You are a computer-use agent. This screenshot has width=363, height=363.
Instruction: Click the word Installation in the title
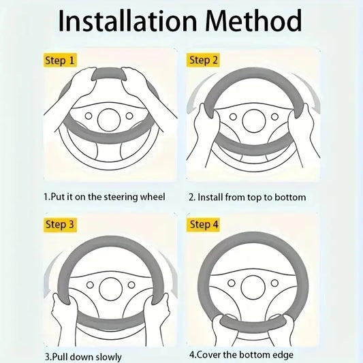tap(127, 20)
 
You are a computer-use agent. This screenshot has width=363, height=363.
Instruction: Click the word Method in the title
tap(253, 20)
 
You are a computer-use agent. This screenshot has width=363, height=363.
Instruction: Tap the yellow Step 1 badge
tap(60, 60)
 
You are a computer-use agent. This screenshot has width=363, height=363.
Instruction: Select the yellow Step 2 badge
tap(203, 60)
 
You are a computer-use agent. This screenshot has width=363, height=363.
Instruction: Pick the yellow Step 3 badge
tap(60, 225)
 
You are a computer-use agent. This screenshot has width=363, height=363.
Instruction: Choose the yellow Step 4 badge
tap(203, 225)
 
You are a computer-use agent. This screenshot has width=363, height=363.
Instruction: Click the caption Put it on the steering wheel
tap(105, 197)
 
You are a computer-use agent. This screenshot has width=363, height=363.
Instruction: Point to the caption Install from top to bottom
tap(247, 198)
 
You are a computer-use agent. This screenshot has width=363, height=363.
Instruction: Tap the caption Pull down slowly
tap(83, 357)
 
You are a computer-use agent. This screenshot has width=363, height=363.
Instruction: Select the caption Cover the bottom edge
tap(242, 355)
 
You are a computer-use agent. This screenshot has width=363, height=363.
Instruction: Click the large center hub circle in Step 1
tap(109, 120)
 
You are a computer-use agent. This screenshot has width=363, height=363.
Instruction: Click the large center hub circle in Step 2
tap(254, 121)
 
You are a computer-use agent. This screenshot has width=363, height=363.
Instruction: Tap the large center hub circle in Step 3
tap(110, 289)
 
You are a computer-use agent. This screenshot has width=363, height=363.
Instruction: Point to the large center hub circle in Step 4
tap(253, 287)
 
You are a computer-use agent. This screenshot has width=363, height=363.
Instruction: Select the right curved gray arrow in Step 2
tap(307, 91)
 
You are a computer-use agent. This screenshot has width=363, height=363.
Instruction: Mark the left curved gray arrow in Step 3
tap(50, 273)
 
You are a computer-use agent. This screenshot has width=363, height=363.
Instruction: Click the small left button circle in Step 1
tap(89, 116)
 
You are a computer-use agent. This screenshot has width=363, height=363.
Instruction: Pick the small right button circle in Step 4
tap(274, 283)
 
